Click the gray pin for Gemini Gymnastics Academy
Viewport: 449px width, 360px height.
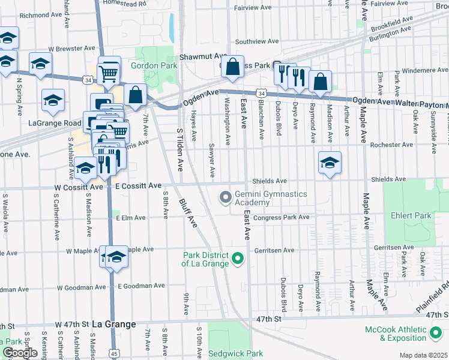(226, 197)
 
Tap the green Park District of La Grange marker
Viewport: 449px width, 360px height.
(238, 259)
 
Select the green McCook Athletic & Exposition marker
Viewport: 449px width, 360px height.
(437, 331)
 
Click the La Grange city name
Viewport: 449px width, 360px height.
(114, 324)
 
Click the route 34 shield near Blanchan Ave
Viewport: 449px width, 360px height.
(261, 94)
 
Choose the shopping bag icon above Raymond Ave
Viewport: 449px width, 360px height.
(321, 82)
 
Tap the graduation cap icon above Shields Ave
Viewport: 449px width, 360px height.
(330, 163)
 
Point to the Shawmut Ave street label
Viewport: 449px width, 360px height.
(202, 56)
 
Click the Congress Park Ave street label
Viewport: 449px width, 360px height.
(281, 217)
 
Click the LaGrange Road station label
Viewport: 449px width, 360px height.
(55, 123)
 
